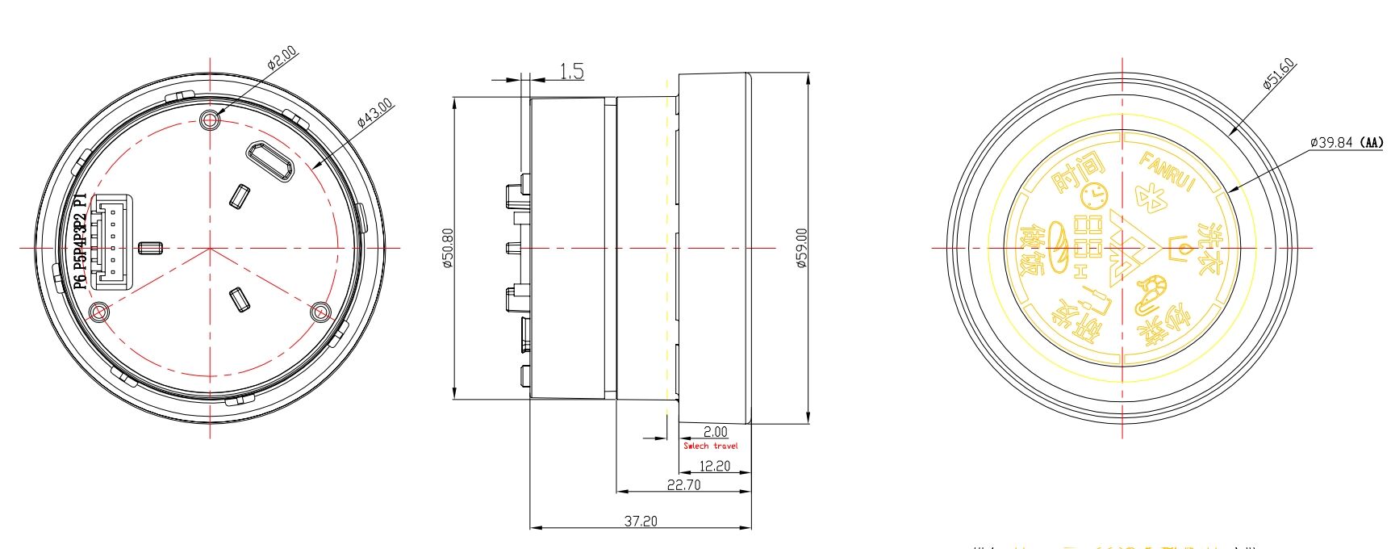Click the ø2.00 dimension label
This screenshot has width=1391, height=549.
click(x=282, y=60)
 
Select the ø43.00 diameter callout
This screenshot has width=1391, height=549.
click(x=375, y=112)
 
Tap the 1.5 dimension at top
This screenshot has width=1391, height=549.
click(x=571, y=72)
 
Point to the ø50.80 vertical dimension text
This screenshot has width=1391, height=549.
click(x=448, y=249)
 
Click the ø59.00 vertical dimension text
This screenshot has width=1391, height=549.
click(x=801, y=249)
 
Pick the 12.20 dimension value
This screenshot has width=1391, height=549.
click(x=714, y=466)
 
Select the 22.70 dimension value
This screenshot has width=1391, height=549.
click(x=683, y=484)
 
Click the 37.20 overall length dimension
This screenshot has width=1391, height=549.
click(x=640, y=522)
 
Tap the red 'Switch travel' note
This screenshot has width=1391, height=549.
click(x=710, y=446)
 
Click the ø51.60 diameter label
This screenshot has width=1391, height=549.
click(x=1279, y=73)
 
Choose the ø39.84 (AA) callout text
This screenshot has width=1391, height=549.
click(x=1346, y=142)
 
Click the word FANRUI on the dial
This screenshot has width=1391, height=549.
click(x=1167, y=171)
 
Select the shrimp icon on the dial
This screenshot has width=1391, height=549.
click(x=1151, y=294)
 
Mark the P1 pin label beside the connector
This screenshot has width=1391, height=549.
click(x=79, y=201)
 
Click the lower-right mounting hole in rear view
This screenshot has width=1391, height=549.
click(x=320, y=311)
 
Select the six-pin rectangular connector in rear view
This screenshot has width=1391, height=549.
click(x=110, y=241)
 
